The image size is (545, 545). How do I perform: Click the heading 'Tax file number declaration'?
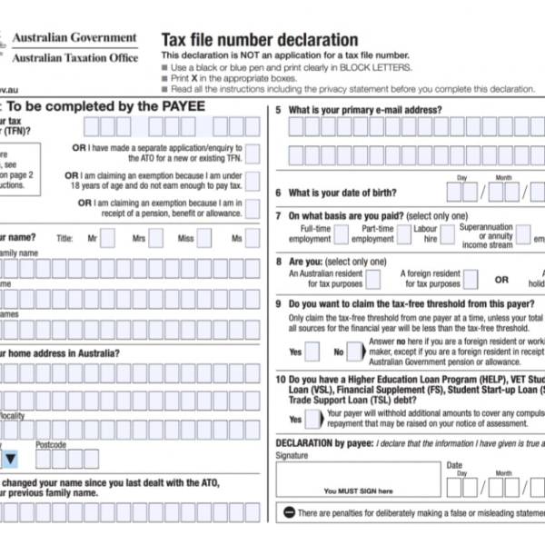point(260,39)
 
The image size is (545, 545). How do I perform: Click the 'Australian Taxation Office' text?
point(74,57)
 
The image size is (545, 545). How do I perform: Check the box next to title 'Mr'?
point(107,238)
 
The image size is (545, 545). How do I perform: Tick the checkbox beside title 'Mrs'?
point(155,238)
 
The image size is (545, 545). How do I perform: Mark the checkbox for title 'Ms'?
point(252,238)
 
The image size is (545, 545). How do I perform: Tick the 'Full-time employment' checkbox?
point(341,233)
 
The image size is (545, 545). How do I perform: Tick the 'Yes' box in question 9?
point(313,350)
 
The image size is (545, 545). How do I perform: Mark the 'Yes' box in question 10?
point(313,419)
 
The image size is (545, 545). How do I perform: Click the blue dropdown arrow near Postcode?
point(11,460)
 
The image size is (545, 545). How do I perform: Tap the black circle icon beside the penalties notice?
point(289,513)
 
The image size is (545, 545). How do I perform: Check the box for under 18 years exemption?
point(252,181)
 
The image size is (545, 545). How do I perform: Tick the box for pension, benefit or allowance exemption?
point(252,209)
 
